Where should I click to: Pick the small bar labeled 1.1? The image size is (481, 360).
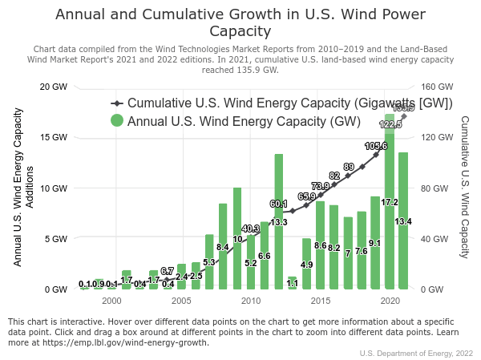(293, 283)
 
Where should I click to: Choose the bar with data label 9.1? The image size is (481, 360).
(375, 249)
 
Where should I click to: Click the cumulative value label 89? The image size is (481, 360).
(349, 167)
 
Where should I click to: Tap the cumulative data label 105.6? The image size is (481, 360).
(376, 147)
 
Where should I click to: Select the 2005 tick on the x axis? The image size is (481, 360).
(180, 301)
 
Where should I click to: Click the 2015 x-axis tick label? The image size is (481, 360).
(321, 301)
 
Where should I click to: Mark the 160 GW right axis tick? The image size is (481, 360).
(434, 87)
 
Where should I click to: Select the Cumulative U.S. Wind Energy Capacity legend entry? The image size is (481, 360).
(289, 103)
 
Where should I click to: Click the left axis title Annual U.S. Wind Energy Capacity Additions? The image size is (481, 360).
(23, 188)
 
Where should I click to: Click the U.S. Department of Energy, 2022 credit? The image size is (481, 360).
(416, 353)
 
